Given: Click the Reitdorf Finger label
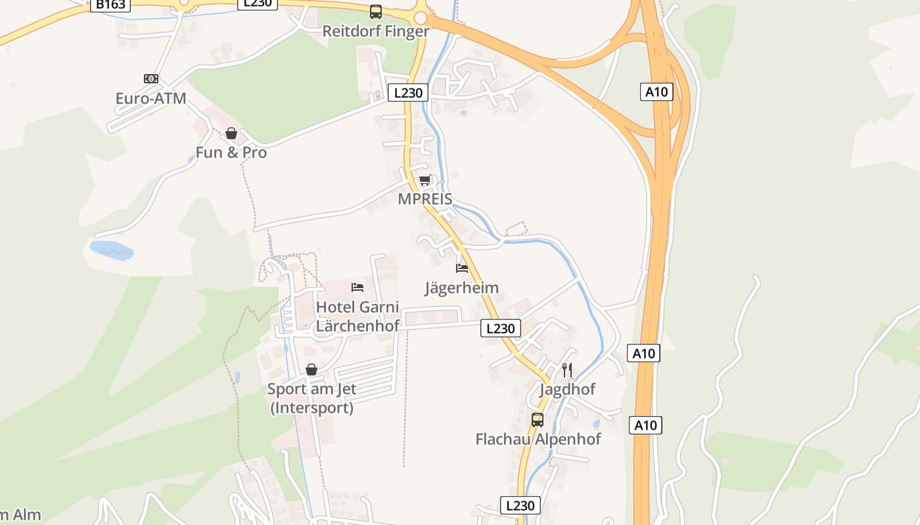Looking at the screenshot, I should pyautogui.click(x=375, y=31).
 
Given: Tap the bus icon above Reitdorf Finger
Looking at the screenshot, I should pyautogui.click(x=375, y=11).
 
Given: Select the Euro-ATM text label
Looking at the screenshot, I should pyautogui.click(x=150, y=98).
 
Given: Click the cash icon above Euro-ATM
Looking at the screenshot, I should pyautogui.click(x=151, y=79).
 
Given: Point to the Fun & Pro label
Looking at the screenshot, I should pyautogui.click(x=231, y=153).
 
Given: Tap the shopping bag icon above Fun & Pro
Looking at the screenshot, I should pyautogui.click(x=231, y=133).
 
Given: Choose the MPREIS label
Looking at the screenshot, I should pyautogui.click(x=425, y=199).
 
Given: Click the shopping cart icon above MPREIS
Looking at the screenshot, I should pyautogui.click(x=425, y=180).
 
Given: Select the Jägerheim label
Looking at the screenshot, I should pyautogui.click(x=461, y=287).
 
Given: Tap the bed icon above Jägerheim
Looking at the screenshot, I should pyautogui.click(x=462, y=268).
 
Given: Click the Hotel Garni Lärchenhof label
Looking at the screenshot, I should pyautogui.click(x=357, y=316).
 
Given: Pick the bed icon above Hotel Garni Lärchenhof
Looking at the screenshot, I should pyautogui.click(x=357, y=287).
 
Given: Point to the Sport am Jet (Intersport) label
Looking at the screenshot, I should pyautogui.click(x=311, y=398).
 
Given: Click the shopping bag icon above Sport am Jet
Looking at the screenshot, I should pyautogui.click(x=311, y=369).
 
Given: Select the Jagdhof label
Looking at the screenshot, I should pyautogui.click(x=567, y=389).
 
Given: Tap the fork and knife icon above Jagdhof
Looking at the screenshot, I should pyautogui.click(x=567, y=370).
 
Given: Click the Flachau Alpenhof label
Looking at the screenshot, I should pyautogui.click(x=538, y=439).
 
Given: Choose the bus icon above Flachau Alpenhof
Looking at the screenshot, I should pyautogui.click(x=538, y=420).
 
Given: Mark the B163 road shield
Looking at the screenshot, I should pyautogui.click(x=110, y=5).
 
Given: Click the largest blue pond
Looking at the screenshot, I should pyautogui.click(x=110, y=249).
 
